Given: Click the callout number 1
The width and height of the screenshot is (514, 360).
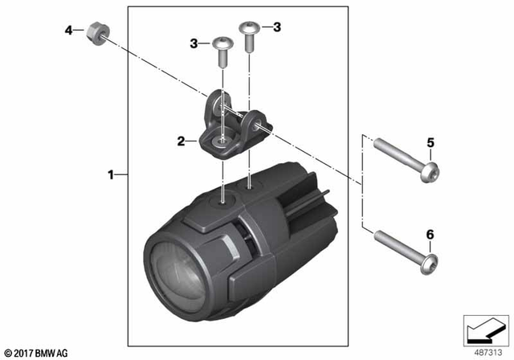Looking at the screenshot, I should click(111, 174).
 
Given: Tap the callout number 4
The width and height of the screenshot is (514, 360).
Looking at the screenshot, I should click(68, 31).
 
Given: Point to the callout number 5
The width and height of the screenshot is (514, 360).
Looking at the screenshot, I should click(430, 143).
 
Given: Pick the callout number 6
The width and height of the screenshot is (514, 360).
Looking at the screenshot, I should click(430, 234).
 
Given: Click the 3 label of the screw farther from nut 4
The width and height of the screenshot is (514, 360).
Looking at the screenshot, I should click(277, 27).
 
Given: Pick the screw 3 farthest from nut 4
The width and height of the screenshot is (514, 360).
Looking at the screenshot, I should click(251, 36).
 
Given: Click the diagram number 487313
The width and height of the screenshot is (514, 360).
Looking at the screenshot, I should click(483, 350).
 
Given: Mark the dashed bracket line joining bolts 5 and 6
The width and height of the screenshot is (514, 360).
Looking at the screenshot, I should click(364, 185).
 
